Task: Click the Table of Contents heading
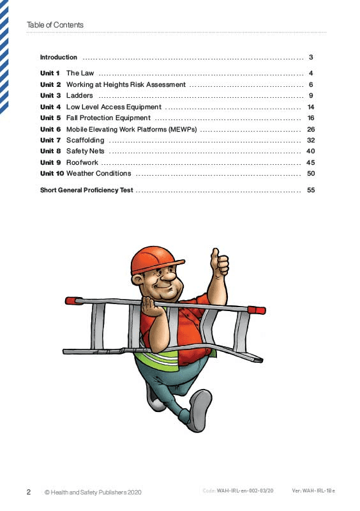[x=55, y=25]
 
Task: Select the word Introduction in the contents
[x=59, y=57]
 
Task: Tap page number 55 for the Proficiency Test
[x=311, y=190]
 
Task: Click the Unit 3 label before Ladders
[x=50, y=96]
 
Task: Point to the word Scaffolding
[x=85, y=141]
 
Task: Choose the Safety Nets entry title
[x=85, y=151]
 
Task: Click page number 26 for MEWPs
[x=311, y=129]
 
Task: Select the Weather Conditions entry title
[x=98, y=174]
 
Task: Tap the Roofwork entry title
[x=82, y=163]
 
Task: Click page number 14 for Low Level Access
[x=311, y=107]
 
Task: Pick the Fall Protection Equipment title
[x=109, y=118]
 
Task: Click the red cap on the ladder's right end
[x=257, y=310]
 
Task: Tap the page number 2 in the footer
[x=29, y=492]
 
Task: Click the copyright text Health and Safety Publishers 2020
[x=93, y=492]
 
